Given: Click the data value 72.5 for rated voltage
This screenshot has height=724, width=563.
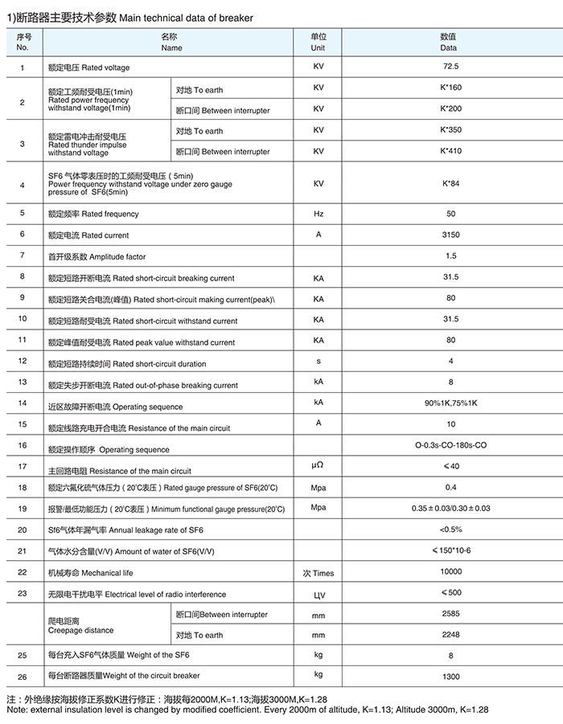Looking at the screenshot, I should tap(450, 67).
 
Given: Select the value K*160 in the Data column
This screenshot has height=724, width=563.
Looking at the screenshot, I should tap(450, 87).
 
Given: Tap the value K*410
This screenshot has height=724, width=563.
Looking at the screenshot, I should tap(450, 150).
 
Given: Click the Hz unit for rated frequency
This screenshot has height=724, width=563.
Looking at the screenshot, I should tap(318, 214).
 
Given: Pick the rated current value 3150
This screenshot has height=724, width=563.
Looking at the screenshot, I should tap(450, 235).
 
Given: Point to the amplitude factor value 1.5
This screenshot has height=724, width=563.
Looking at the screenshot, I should tap(450, 256).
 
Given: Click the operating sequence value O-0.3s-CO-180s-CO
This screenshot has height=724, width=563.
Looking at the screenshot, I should tap(450, 445).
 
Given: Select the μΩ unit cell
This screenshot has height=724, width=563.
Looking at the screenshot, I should tap(318, 466).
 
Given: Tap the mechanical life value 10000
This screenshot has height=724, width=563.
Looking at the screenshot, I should tap(450, 571).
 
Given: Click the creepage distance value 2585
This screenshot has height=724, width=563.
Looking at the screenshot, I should tap(450, 613).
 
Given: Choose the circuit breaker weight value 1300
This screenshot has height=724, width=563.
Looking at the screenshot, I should tap(450, 677).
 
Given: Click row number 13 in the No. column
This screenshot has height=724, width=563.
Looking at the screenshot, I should tap(23, 382).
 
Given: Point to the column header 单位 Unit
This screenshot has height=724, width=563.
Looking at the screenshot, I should tap(318, 42).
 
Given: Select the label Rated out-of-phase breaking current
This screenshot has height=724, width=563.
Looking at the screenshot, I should tap(175, 386).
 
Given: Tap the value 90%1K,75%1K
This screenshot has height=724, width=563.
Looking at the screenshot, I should tap(450, 403).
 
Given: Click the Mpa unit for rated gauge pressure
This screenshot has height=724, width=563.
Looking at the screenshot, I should tap(318, 487).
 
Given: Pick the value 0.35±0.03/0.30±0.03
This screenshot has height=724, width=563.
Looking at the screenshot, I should tap(450, 509).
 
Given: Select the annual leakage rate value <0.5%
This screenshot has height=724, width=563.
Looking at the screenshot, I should tap(450, 530).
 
